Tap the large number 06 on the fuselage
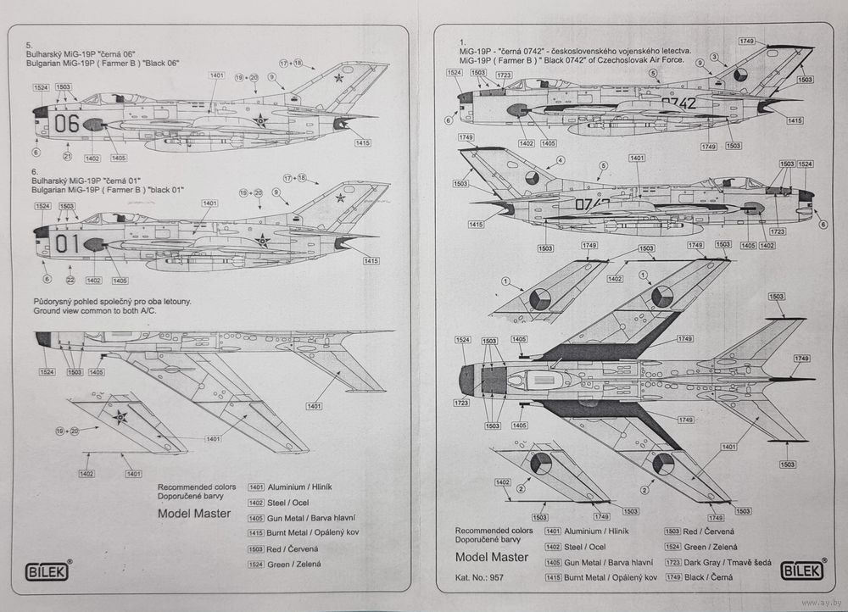coord(66,124)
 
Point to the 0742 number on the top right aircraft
coord(678,103)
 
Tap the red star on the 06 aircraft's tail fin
coord(339,78)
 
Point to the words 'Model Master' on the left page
coord(193,513)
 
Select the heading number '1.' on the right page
coord(462,41)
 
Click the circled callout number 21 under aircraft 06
coord(67,157)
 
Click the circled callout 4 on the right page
coord(560,160)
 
